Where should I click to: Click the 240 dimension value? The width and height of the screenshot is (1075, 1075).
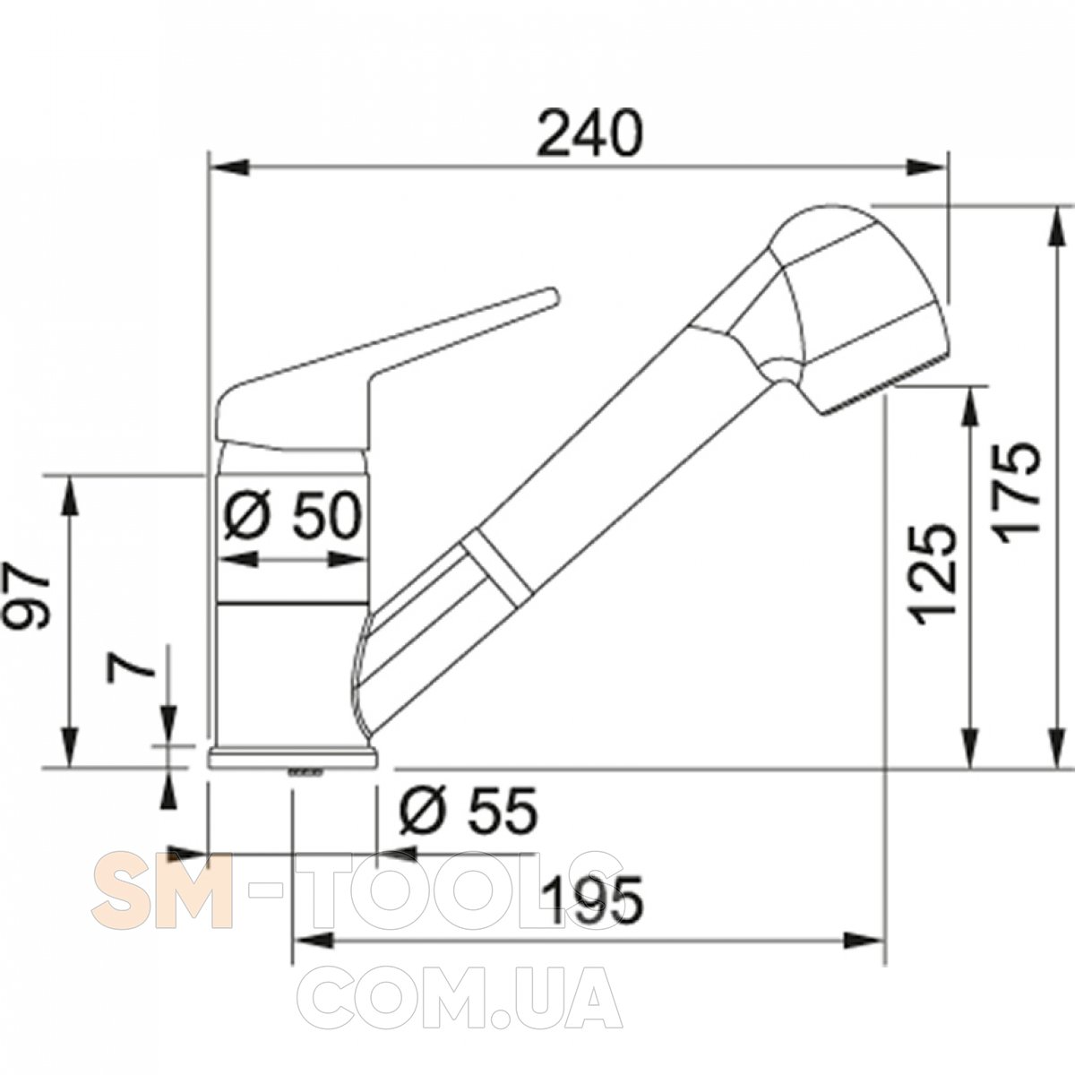589,133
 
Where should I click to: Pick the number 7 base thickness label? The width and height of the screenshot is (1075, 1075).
131,667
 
